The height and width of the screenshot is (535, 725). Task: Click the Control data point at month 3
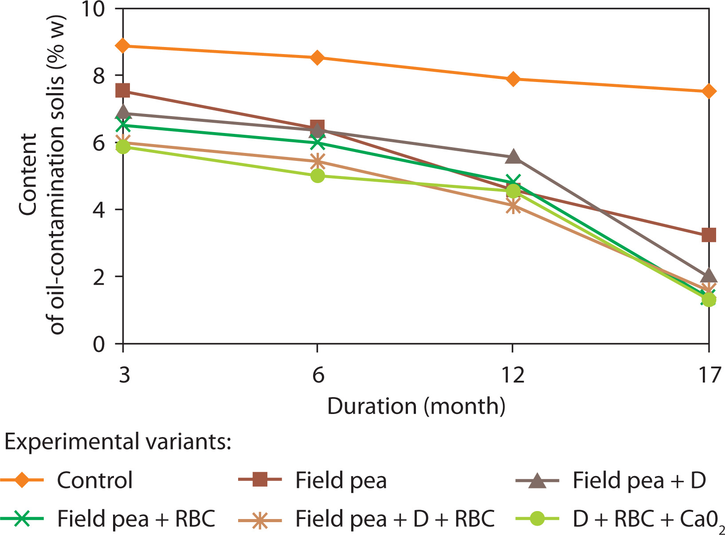click(123, 46)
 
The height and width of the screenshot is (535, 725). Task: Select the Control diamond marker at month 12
click(513, 79)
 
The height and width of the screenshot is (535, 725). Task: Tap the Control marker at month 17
click(709, 91)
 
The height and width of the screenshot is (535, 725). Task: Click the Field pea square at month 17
click(709, 234)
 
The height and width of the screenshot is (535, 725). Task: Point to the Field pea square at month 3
click(123, 91)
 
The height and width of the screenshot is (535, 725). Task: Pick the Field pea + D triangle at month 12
click(513, 157)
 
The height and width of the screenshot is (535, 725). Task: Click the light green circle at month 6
click(317, 176)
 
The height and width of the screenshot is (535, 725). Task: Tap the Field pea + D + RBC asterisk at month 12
click(513, 206)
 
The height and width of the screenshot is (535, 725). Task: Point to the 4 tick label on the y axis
click(98, 209)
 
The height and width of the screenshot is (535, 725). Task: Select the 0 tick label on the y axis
click(98, 344)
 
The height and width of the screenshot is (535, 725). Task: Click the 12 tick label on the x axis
click(513, 375)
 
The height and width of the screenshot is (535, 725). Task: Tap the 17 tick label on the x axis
click(709, 375)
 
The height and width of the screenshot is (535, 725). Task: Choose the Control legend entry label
click(94, 480)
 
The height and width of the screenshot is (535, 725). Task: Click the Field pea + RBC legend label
click(136, 519)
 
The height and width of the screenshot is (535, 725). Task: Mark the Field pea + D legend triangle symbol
click(537, 480)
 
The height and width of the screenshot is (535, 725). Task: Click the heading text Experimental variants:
click(118, 442)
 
